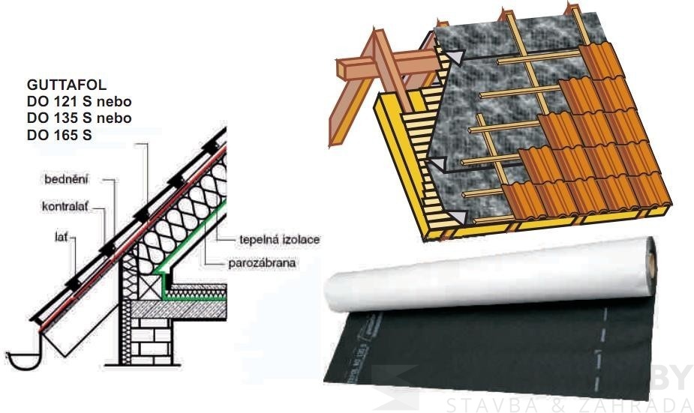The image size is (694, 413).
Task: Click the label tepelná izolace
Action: (279, 240)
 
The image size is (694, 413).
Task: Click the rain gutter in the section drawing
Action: (23, 359)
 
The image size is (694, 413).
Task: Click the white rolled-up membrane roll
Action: (488, 277)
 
